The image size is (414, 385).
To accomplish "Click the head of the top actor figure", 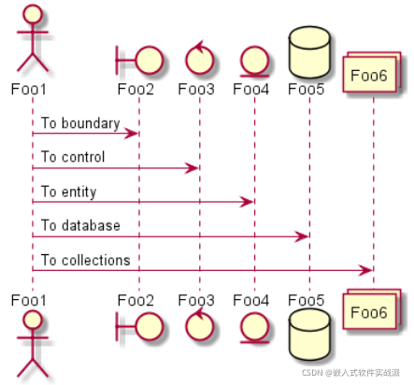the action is click(x=33, y=14).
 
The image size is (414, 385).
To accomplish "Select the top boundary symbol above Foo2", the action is click(x=139, y=60).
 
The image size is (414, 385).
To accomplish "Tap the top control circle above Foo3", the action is click(x=199, y=58).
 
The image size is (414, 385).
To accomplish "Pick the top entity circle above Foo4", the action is click(x=254, y=61).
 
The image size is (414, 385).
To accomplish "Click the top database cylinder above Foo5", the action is click(x=309, y=52).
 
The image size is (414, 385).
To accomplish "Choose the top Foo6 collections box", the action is click(x=372, y=72).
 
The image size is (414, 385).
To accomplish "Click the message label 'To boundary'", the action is click(x=80, y=123).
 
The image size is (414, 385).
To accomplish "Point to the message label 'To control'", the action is click(x=73, y=157).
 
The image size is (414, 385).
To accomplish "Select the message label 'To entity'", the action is click(x=69, y=192).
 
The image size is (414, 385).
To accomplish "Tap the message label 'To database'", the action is click(x=80, y=225).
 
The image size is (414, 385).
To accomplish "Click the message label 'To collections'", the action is click(x=86, y=260).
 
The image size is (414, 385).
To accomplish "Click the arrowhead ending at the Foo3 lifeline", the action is click(x=192, y=168).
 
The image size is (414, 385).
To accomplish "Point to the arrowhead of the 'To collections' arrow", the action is click(x=365, y=270).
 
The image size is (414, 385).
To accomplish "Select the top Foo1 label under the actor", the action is click(x=29, y=90).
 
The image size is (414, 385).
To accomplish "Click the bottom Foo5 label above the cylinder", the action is click(x=306, y=300).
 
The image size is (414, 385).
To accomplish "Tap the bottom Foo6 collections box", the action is click(x=372, y=309).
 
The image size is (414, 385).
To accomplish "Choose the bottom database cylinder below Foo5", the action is click(x=309, y=335).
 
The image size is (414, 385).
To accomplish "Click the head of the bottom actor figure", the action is click(x=33, y=320).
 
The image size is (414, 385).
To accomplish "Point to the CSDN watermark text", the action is click(x=351, y=373).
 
